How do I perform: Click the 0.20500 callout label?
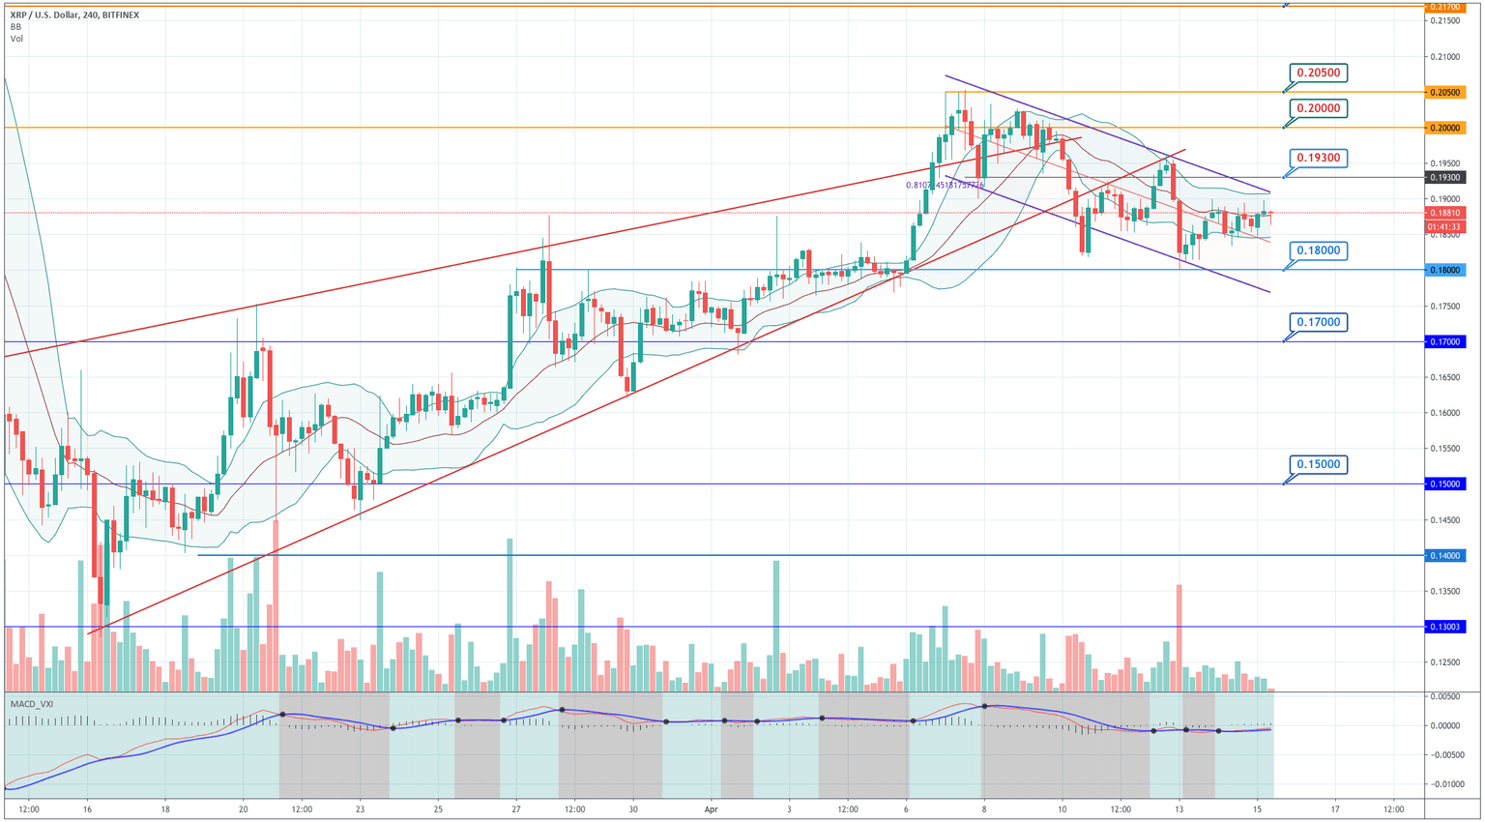[x=1319, y=73]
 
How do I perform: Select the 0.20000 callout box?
[x=1319, y=108]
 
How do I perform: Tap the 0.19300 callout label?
[x=1319, y=158]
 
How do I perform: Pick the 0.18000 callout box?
[x=1319, y=250]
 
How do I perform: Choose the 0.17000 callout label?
[x=1319, y=322]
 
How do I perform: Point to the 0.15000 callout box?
[x=1319, y=464]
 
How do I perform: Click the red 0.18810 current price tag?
[x=1445, y=213]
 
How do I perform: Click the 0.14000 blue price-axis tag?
[x=1445, y=555]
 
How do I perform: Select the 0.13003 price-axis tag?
[x=1445, y=627]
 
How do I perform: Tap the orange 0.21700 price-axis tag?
[x=1445, y=7]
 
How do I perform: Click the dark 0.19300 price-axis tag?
[x=1445, y=177]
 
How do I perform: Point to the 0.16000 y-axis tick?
[x=1444, y=413]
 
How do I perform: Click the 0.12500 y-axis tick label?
[x=1444, y=662]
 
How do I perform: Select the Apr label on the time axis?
[x=712, y=808]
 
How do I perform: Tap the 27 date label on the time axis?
[x=515, y=808]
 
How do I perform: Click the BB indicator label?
[x=15, y=27]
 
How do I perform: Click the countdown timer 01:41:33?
[x=1445, y=226]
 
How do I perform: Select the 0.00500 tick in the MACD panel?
[x=1445, y=696]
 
